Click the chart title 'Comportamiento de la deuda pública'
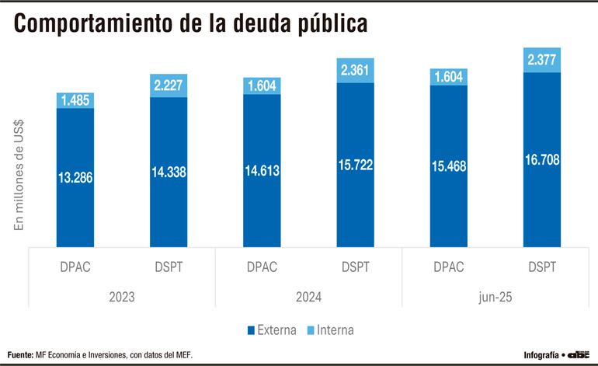[190, 23]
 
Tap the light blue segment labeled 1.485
[75, 100]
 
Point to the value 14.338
[169, 173]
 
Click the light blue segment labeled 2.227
[169, 86]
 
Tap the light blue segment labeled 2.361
[355, 71]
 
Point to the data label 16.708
[541, 160]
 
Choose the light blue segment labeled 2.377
[541, 60]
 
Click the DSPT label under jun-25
[541, 267]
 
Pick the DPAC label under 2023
[75, 267]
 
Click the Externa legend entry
[272, 330]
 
